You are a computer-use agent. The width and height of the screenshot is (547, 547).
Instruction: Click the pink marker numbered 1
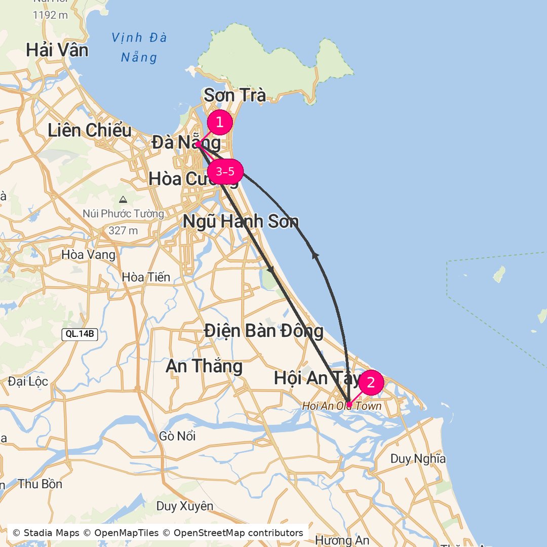220,123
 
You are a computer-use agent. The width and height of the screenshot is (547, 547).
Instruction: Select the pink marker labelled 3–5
225,172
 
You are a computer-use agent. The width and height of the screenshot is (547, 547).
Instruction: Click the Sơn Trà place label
235,95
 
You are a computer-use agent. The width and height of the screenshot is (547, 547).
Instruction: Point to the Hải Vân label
57,50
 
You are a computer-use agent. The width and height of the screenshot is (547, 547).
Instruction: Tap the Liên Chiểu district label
90,131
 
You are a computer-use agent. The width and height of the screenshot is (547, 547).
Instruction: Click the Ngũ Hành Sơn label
241,222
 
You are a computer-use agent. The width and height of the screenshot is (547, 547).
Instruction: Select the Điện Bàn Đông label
263,331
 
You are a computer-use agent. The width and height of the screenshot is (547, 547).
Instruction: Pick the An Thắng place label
204,366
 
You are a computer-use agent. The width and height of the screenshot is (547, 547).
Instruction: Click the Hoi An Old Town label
341,406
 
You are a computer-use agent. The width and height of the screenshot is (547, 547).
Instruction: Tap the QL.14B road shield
80,334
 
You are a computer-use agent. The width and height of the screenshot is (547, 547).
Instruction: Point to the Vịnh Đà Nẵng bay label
139,47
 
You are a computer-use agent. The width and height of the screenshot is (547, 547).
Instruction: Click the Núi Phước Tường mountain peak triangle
123,200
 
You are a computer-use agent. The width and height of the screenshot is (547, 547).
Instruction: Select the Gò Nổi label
177,436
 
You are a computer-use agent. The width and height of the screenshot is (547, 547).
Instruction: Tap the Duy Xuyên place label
184,506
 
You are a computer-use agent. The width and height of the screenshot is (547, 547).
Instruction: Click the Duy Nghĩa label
418,459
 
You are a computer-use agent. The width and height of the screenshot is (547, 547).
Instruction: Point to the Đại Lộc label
28,381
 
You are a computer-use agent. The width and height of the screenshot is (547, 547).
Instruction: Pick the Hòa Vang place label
88,255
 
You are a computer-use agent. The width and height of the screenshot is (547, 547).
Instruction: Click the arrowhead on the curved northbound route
316,256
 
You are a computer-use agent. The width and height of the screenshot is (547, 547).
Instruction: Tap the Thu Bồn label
40,484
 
